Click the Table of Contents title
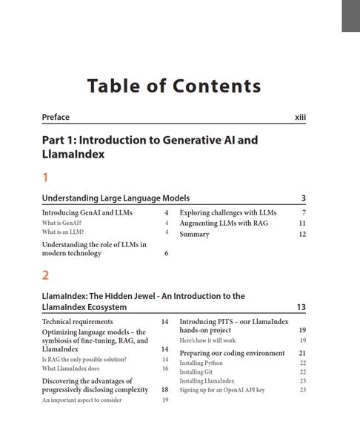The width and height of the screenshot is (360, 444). click(x=174, y=86)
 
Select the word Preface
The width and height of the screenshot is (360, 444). click(x=56, y=117)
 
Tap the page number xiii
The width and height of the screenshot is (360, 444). click(x=300, y=117)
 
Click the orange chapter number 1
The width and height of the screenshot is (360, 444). click(x=45, y=178)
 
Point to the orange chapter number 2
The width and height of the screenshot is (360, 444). click(x=46, y=275)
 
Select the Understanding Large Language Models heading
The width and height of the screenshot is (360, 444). click(x=116, y=198)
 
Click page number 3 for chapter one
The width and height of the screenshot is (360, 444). click(x=304, y=198)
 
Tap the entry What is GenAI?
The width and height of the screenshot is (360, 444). click(x=61, y=223)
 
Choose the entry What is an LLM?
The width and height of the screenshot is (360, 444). click(x=63, y=232)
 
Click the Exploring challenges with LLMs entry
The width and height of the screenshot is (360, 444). click(x=227, y=212)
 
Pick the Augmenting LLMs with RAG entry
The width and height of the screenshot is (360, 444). click(x=224, y=223)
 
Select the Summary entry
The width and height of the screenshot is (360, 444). click(x=194, y=234)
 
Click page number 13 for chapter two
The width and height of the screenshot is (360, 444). click(x=301, y=307)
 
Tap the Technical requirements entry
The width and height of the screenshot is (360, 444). click(x=77, y=322)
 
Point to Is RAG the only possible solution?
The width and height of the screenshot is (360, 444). click(x=84, y=360)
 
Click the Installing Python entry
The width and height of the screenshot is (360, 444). click(x=201, y=363)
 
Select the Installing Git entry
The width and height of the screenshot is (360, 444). click(x=196, y=372)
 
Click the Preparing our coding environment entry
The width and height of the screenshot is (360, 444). click(x=232, y=353)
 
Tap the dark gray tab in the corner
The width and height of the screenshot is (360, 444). click(x=350, y=16)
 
